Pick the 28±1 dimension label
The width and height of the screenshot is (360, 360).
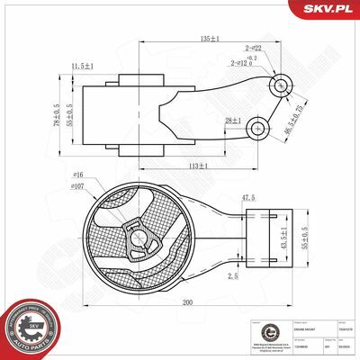coord(233,121)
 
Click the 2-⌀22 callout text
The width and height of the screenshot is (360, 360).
coord(253,48)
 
